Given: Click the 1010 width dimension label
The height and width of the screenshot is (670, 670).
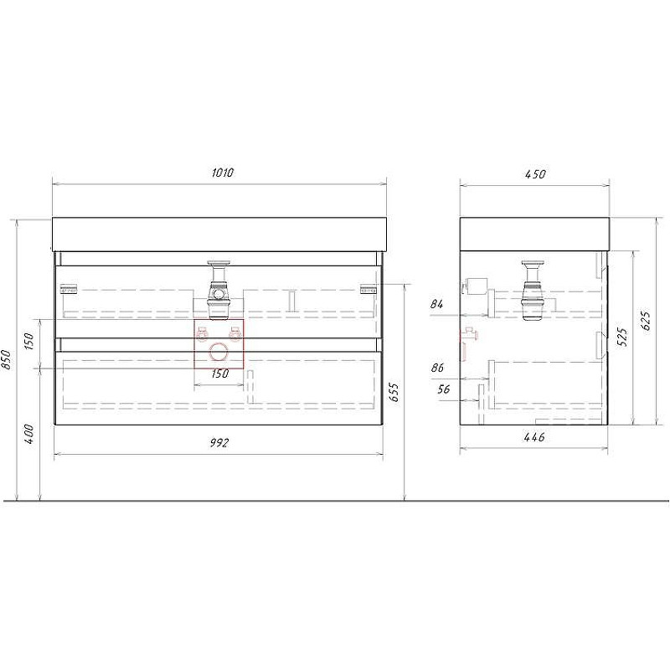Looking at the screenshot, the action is pos(223,173).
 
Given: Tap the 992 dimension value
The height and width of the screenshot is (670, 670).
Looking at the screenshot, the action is pos(219,443).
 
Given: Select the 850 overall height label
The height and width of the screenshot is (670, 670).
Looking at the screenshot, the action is pos(6,360).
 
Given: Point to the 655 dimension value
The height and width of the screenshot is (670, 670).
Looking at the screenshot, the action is pos(394,392).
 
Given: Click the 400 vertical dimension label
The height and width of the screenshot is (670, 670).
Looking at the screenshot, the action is pos(28,434).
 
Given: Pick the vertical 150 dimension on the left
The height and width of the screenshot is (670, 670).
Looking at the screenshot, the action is pos(28,341).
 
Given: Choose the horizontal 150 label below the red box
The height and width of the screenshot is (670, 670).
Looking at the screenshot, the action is pos(219,374).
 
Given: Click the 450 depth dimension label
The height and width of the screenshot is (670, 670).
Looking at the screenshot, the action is pos(535,174).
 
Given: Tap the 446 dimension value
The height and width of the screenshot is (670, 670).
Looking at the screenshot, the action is pos(534,436).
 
